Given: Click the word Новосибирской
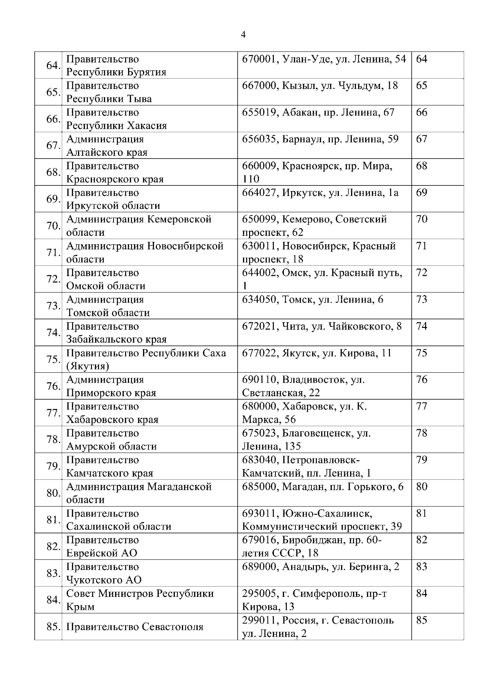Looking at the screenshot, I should click(x=185, y=246).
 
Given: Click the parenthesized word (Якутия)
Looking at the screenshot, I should click(x=88, y=366).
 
